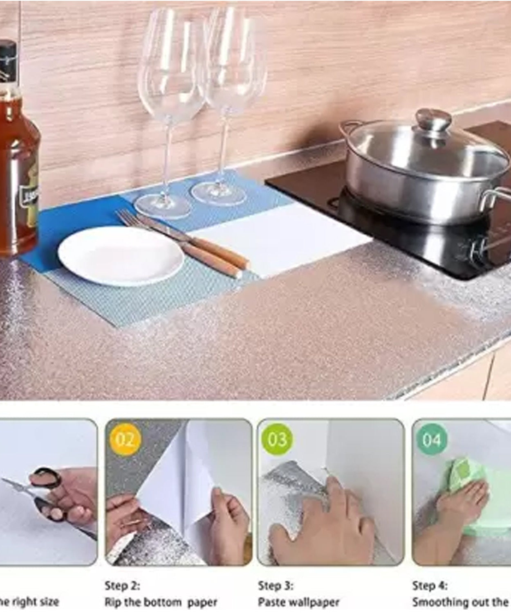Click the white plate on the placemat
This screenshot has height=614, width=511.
[121, 256]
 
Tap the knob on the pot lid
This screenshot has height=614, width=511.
[433, 118]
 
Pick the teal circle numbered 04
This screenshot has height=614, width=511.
[432, 440]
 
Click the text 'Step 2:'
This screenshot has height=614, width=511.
[122, 585]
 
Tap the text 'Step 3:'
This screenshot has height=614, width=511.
[276, 585]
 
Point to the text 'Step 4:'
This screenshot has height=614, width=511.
[430, 585]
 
